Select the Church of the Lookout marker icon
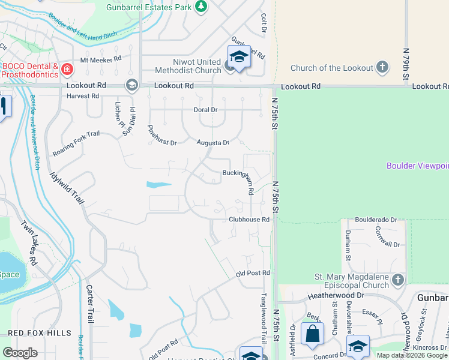(382, 68)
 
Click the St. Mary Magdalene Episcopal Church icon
(397, 281)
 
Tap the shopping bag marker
(312, 334)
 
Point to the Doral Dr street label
(205, 110)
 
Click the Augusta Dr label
(213, 143)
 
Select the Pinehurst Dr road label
(162, 136)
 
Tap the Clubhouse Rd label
(249, 220)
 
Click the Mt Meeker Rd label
(101, 59)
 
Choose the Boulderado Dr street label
(376, 220)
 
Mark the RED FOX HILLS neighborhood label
(40, 333)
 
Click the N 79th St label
(406, 65)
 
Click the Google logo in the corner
(20, 353)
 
